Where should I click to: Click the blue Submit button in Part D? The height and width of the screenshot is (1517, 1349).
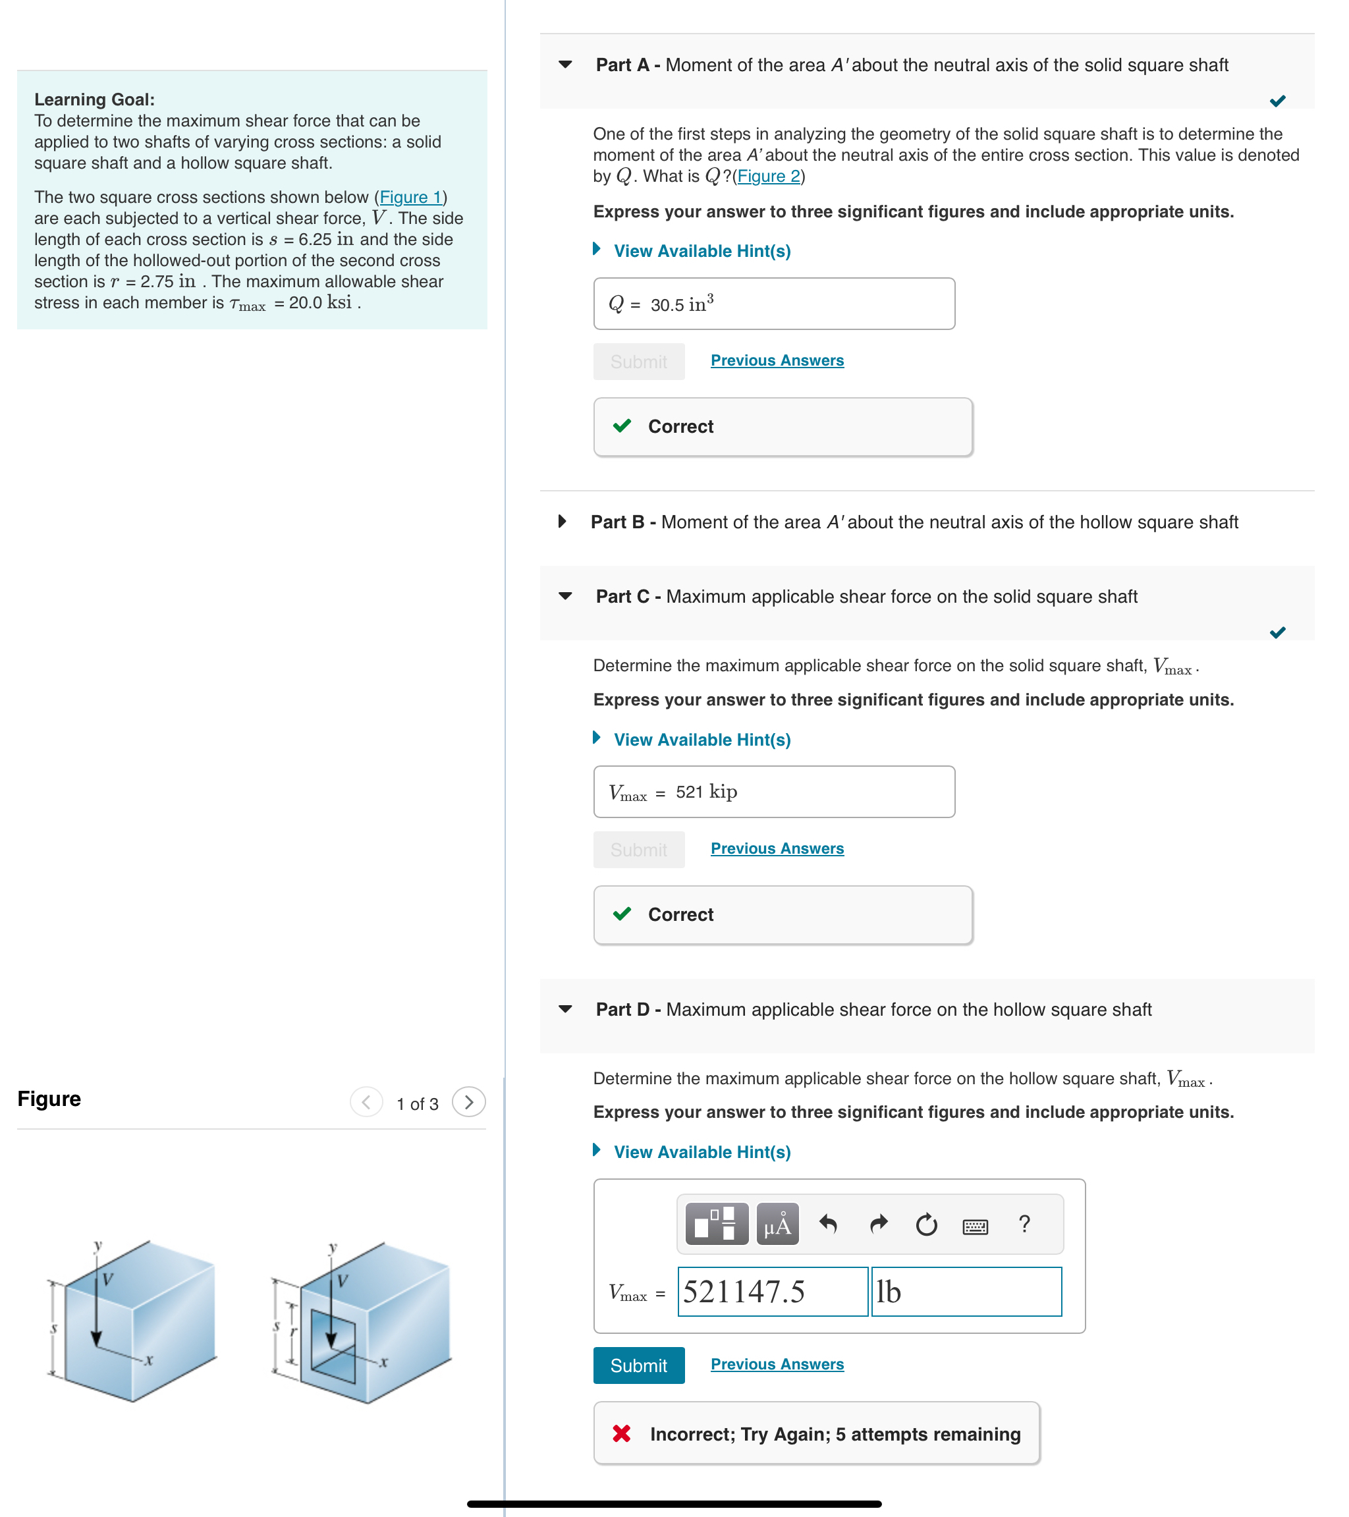coord(638,1365)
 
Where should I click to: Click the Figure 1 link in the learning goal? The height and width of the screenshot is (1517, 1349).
coord(410,198)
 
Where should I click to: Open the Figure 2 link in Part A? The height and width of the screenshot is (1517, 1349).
coord(768,177)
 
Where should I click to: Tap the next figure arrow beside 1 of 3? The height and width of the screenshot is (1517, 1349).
coord(468,1102)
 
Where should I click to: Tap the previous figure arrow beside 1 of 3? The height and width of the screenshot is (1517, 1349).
coord(366,1102)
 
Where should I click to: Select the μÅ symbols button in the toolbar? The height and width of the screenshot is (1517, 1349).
coord(777,1224)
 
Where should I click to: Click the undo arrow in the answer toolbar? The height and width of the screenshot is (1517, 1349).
coord(828,1224)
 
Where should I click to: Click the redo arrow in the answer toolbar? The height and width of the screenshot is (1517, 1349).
coord(878,1224)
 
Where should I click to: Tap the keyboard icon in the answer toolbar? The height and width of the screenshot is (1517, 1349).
coord(974,1226)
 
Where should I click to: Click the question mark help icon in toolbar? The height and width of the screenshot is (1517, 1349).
coord(1024,1224)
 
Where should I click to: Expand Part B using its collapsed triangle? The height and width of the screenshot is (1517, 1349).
coord(563,522)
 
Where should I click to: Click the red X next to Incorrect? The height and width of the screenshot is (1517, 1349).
coord(622,1433)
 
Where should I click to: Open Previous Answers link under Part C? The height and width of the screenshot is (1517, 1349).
coord(776,848)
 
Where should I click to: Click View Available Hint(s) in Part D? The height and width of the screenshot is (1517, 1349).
coord(702,1152)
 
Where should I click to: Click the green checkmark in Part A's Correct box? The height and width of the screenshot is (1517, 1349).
coord(622,426)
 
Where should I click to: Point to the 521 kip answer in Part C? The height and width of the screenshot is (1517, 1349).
coord(705,792)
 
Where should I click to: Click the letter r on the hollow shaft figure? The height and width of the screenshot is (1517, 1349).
coord(293,1331)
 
